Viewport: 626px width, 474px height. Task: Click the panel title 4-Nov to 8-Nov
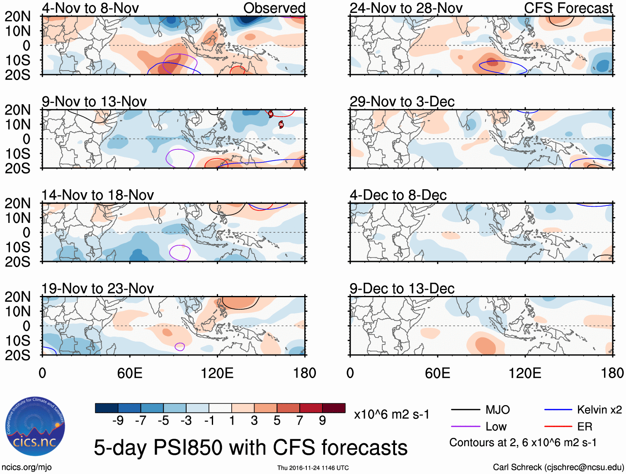tap(90, 8)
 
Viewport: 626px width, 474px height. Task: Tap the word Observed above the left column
tap(274, 8)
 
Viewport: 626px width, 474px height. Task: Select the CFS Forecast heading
tap(568, 8)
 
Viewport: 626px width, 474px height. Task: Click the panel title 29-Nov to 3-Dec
tap(402, 102)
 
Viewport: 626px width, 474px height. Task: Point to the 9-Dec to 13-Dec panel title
tap(402, 288)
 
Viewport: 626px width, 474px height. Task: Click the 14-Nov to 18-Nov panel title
tap(97, 195)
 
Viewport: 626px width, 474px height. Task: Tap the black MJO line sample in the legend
tap(465, 410)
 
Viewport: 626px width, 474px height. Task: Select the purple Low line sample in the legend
tap(465, 427)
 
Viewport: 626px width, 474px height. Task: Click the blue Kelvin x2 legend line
tap(558, 410)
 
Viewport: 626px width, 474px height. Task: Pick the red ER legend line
tap(558, 427)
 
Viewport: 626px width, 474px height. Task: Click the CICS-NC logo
tap(35, 427)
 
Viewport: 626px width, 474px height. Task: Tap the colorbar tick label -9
tap(118, 421)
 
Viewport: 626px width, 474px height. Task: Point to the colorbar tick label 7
tap(300, 421)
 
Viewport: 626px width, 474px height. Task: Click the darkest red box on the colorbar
tap(334, 408)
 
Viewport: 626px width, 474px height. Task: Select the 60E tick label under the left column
tap(130, 373)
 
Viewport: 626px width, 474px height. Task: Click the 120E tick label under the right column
tap(525, 373)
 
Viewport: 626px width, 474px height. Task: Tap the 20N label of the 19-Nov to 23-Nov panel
tap(17, 297)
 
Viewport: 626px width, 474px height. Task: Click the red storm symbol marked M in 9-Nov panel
tap(271, 114)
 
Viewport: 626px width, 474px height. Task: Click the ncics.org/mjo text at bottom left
tap(27, 467)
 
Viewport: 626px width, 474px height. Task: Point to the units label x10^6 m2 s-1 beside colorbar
tap(391, 415)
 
